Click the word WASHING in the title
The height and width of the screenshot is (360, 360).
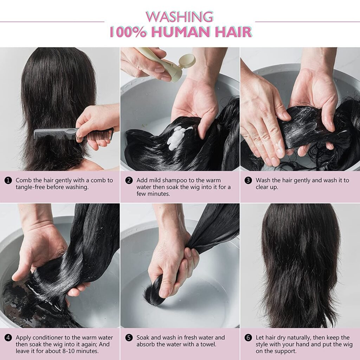click(179, 17)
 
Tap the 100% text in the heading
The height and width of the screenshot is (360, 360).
click(128, 32)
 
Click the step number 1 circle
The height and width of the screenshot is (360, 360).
click(8, 180)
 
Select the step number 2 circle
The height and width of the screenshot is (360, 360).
click(129, 180)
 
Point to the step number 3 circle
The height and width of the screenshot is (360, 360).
click(249, 180)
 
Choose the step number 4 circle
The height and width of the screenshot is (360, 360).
click(8, 338)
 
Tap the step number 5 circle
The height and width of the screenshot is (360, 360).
click(129, 338)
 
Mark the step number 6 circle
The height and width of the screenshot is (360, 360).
click(249, 338)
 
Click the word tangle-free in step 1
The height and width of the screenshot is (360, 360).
click(30, 187)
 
